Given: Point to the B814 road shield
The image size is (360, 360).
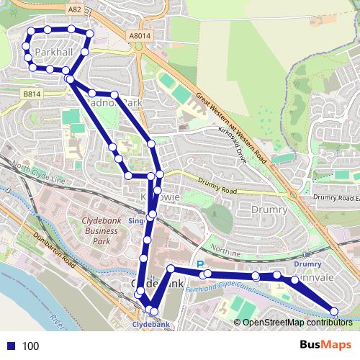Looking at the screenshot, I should [x=30, y=94].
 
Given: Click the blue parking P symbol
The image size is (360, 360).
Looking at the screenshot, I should [x=201, y=264].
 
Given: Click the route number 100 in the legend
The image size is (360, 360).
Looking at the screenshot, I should [x=30, y=346].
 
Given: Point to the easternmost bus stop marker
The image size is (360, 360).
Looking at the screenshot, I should [x=334, y=311].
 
